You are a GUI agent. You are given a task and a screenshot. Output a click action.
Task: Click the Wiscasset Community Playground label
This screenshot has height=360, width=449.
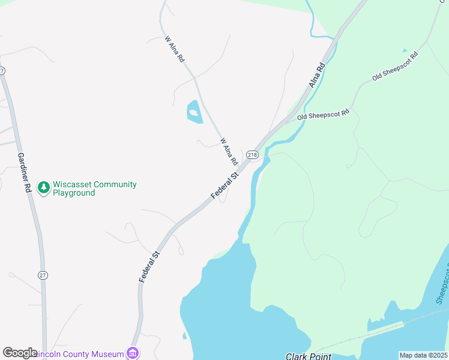94,188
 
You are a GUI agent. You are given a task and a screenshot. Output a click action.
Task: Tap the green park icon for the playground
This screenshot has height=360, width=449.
43,188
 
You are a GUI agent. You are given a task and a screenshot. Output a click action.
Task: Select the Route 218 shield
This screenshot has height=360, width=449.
252,154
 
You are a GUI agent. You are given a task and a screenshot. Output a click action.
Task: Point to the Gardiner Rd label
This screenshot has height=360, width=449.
25,173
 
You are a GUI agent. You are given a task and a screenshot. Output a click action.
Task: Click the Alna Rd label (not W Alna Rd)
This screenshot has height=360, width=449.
317,75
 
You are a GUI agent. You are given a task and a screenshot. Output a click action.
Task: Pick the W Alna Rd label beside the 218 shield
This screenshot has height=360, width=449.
229,152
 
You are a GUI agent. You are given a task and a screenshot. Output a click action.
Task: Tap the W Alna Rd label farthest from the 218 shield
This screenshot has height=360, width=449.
174,49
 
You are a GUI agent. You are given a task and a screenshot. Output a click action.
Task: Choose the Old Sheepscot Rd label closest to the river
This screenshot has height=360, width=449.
323,114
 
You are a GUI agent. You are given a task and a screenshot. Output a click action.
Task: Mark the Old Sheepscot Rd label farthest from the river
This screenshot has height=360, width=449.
394,67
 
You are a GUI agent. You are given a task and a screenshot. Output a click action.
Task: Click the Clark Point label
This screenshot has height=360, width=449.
309,356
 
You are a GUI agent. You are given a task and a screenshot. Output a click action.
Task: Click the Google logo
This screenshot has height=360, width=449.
20,353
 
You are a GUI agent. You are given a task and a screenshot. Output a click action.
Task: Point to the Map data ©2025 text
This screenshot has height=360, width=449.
423,355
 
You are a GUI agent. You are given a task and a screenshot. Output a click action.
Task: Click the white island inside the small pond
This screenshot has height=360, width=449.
193,112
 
